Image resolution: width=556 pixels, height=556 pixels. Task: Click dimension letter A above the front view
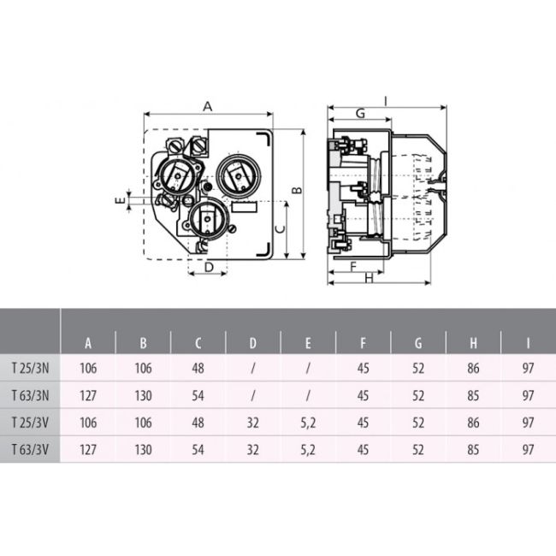pos(207,106)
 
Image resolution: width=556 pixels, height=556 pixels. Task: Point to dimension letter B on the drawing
pos(295,190)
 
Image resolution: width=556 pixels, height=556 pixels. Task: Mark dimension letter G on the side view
pos(360,114)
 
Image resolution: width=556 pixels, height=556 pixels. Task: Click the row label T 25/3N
pos(30,369)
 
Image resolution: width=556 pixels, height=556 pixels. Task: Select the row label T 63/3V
pos(30,449)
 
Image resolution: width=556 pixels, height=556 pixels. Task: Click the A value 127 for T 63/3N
pos(88,395)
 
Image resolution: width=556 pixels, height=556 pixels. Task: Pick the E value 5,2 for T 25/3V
pos(308,423)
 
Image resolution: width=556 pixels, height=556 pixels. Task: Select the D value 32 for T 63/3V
pos(253,449)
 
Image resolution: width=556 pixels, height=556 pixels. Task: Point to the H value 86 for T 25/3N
pos(473,369)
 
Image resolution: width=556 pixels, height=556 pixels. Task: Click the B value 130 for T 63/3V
pos(143,449)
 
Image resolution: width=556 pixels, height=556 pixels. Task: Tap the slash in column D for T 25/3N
pos(253,369)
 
